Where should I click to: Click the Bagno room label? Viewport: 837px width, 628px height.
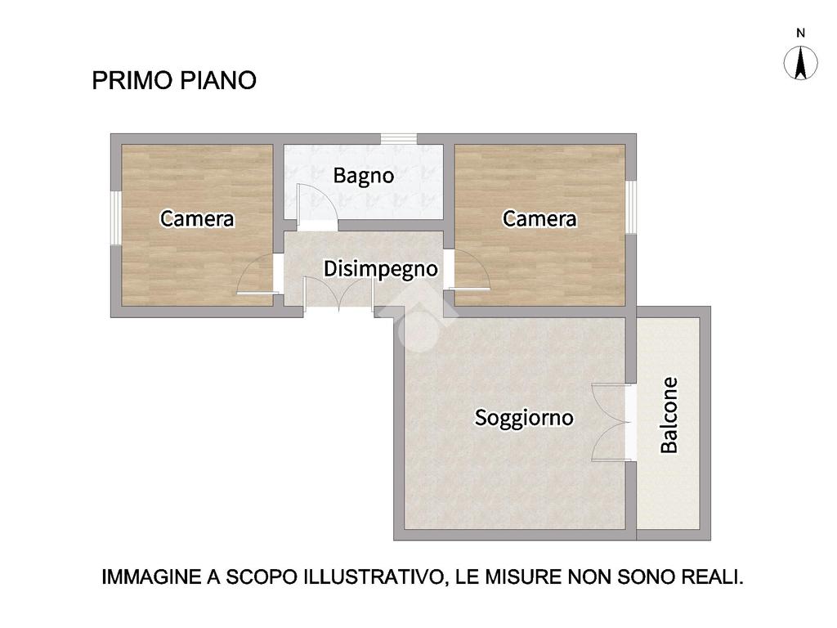coord(364,176)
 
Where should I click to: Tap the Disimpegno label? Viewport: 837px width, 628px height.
coord(381,269)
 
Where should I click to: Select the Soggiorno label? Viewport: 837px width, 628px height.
coord(524,418)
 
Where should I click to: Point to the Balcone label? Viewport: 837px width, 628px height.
coord(669,415)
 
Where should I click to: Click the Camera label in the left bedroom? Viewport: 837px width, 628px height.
coord(197,219)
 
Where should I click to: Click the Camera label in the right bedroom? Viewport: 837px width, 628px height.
coord(539,219)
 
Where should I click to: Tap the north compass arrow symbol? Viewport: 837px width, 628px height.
coord(800,63)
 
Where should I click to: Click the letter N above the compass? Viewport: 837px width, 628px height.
coord(800,33)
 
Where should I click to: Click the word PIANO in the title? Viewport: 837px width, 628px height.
coord(217,81)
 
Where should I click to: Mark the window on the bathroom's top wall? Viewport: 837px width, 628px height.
coord(398,139)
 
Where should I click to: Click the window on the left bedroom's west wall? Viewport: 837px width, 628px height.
coord(116,218)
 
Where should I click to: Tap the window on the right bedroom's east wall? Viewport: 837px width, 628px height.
coord(631,207)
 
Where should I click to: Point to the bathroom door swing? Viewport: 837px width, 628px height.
coord(317,208)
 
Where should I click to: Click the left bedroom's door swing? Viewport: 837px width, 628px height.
coord(257,274)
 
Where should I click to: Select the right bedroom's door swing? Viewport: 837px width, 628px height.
coord(469,270)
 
